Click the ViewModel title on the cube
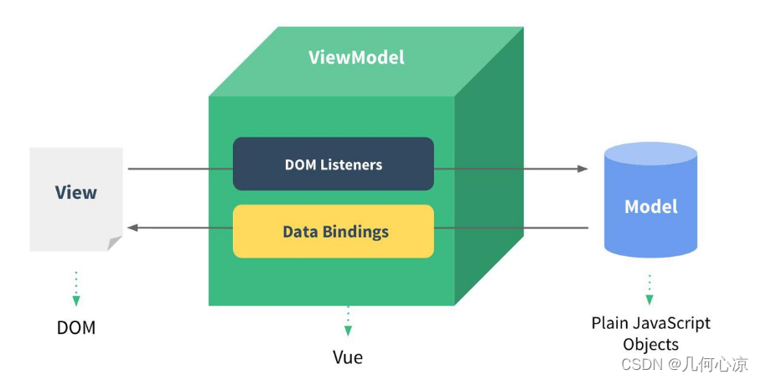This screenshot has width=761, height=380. click(356, 58)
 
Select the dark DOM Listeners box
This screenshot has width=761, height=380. click(333, 164)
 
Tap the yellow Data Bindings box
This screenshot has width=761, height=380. click(333, 231)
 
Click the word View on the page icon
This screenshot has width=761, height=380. click(76, 192)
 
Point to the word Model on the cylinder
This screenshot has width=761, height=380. click(651, 206)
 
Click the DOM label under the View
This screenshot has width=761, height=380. click(76, 327)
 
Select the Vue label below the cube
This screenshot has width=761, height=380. click(347, 357)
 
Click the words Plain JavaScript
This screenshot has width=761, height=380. click(650, 323)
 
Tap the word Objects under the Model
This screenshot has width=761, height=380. click(650, 345)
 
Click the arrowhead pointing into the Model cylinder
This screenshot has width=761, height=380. click(583, 169)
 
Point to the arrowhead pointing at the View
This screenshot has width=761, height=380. click(132, 227)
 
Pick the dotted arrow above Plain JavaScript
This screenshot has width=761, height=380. click(650, 288)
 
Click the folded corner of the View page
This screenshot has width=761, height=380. click(114, 243)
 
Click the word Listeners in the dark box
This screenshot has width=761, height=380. click(351, 164)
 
